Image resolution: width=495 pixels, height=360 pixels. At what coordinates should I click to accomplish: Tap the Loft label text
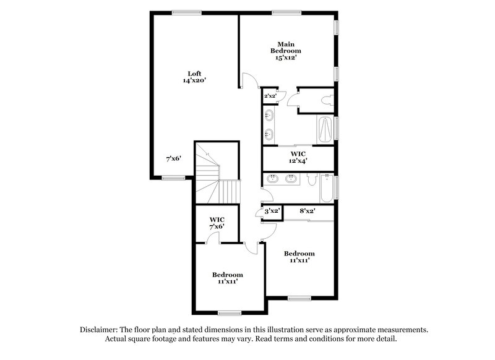[x=194, y=77]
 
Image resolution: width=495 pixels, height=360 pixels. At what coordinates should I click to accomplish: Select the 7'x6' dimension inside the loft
[x=173, y=159]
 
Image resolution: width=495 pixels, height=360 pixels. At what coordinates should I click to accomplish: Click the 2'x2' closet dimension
[x=270, y=96]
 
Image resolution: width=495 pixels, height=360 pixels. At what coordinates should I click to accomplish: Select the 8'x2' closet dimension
[x=307, y=211]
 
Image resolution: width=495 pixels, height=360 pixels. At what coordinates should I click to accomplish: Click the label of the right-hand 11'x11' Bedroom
[x=299, y=257]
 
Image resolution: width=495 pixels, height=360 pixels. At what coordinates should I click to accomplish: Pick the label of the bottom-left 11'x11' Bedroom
[x=227, y=278]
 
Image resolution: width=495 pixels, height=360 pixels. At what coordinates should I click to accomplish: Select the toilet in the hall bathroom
[x=311, y=180]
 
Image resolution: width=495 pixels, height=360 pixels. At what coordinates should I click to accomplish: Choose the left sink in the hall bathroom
[x=273, y=179]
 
